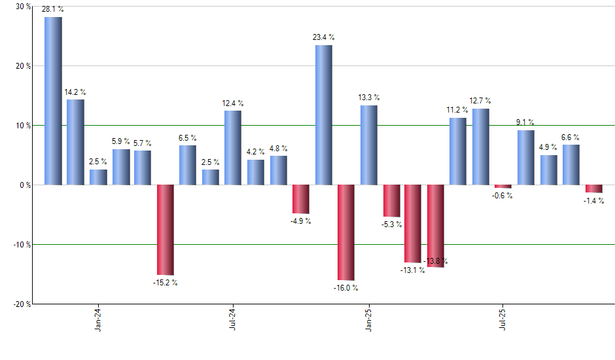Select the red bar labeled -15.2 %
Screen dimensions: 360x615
click(x=166, y=230)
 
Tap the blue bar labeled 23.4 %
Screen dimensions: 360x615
click(x=323, y=115)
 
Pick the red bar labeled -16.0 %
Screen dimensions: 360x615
click(x=346, y=232)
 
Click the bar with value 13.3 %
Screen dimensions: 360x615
click(x=368, y=145)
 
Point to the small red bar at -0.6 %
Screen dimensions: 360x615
click(x=503, y=187)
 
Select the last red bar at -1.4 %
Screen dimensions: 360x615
click(x=594, y=189)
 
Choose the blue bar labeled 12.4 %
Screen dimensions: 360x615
click(x=233, y=148)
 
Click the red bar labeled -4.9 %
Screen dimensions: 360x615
click(x=300, y=199)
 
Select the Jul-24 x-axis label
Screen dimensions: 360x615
click(x=233, y=321)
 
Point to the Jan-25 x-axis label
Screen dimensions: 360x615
click(x=368, y=321)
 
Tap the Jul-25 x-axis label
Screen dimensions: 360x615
click(x=503, y=321)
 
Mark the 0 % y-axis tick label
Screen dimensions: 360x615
click(x=24, y=185)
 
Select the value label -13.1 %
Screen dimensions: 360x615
click(x=413, y=270)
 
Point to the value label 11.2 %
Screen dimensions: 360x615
click(x=458, y=110)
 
